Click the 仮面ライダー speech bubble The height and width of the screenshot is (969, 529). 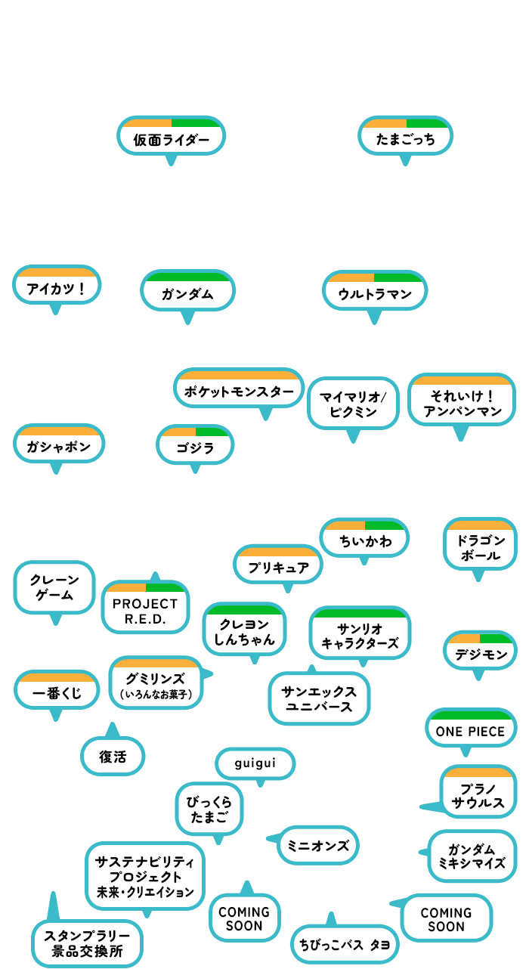coord(171,136)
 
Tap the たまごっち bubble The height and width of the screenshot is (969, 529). coord(405,136)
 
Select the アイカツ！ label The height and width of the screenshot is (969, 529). coord(56,289)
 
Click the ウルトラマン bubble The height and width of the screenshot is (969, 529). coord(375,291)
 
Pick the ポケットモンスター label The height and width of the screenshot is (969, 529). coord(239,392)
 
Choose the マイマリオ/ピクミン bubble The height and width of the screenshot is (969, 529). coord(353,404)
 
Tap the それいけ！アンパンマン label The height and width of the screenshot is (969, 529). coord(462,403)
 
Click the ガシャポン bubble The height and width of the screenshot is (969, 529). coord(59,444)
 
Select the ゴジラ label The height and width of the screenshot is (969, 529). coord(195,447)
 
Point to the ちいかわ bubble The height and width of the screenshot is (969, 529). coord(364,537)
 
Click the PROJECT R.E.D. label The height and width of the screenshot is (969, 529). coord(145,611)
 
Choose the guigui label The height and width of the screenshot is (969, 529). coord(255,763)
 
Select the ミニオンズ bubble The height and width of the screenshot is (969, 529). coord(318,845)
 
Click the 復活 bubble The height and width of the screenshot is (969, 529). coord(113,756)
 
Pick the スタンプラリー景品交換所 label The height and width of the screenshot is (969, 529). coord(87,943)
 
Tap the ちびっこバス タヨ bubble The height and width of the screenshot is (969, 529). coord(345,944)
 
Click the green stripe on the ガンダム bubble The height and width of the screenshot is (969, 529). coord(187,277)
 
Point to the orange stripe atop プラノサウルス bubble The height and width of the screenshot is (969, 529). coord(478,772)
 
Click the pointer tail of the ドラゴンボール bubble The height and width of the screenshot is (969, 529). coord(478,576)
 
